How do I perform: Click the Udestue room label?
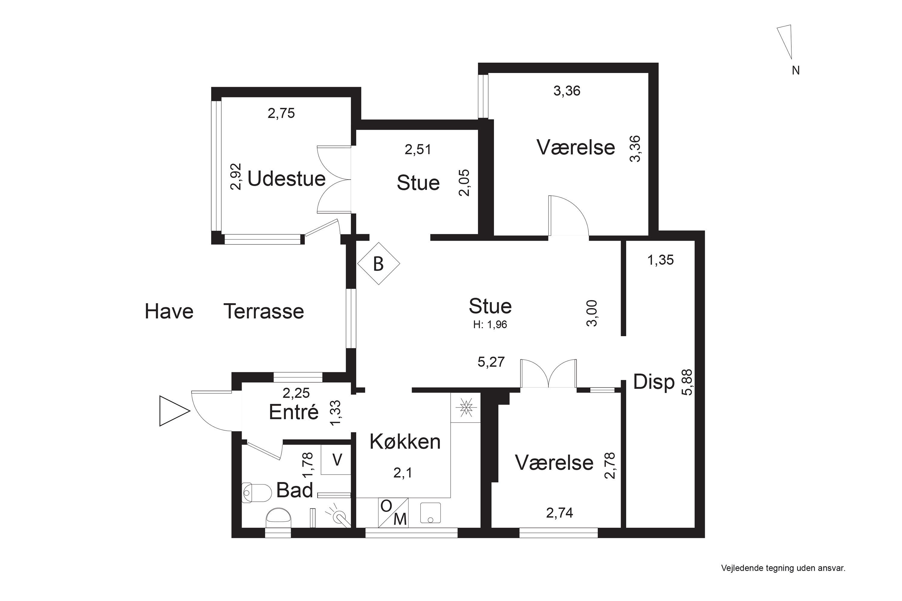(287, 179)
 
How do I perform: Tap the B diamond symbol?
(379, 264)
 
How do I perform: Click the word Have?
(169, 311)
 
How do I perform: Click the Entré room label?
(294, 412)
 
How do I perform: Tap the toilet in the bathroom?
(256, 493)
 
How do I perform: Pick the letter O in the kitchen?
(386, 506)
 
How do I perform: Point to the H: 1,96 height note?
(490, 325)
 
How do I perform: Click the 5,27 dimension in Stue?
(491, 362)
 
